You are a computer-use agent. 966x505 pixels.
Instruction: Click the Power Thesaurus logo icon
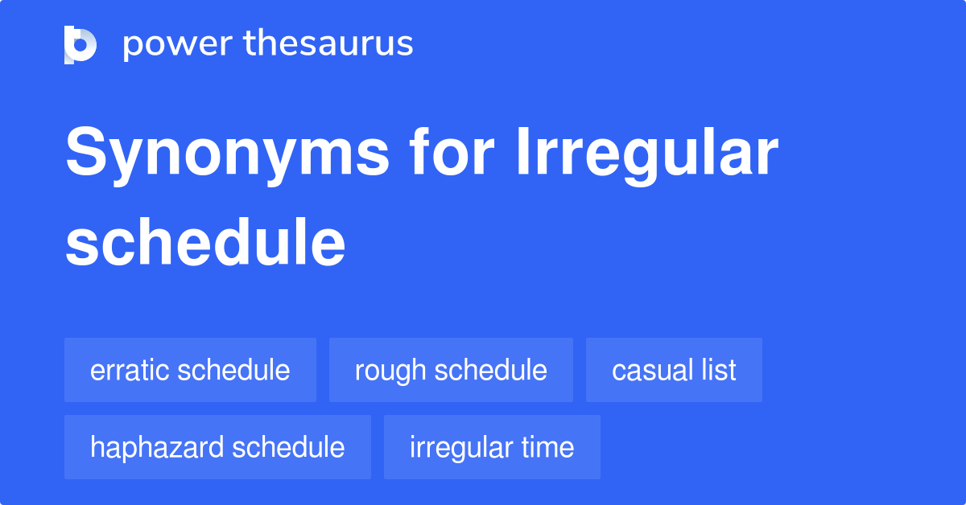[80, 44]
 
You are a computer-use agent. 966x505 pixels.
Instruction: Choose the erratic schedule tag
[190, 370]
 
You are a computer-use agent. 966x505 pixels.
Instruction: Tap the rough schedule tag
[451, 370]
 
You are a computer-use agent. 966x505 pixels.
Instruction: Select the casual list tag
[674, 370]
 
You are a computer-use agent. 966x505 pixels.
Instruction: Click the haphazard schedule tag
[217, 447]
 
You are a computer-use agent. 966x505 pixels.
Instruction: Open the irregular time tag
[492, 447]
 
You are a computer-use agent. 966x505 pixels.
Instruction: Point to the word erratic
[130, 370]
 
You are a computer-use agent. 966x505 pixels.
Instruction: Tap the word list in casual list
[720, 370]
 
